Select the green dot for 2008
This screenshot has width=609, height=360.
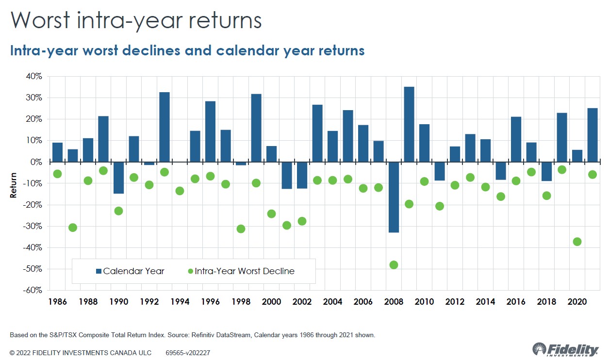394,265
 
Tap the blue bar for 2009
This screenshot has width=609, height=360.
409,124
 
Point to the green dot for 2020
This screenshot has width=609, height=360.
577,242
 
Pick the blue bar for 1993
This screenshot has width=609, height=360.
165,127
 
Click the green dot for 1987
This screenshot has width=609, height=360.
73,228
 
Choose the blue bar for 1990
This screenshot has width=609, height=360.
118,178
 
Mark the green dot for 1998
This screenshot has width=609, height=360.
241,229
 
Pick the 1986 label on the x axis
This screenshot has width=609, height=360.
57,301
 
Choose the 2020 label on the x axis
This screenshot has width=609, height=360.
577,301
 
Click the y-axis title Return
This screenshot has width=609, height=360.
14,185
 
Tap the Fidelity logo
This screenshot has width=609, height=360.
565,349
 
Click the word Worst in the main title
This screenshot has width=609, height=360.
44,21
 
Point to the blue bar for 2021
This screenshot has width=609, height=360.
593,135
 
